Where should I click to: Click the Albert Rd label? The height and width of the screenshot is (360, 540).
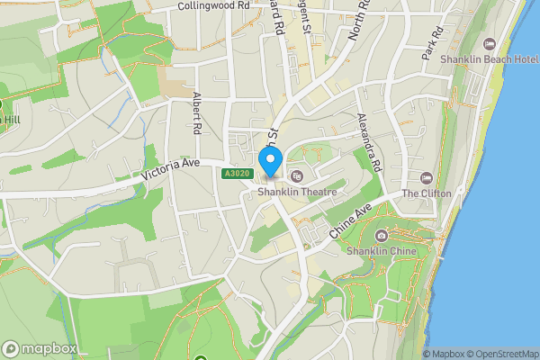pyautogui.click(x=196, y=112)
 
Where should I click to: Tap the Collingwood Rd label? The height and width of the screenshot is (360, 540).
pyautogui.click(x=212, y=6)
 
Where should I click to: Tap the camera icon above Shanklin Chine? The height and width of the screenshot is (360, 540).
pyautogui.click(x=382, y=236)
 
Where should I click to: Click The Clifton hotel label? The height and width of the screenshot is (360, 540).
pyautogui.click(x=427, y=193)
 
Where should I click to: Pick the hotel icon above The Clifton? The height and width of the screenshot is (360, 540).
pyautogui.click(x=427, y=177)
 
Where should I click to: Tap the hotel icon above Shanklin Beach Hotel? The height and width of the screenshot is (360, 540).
pyautogui.click(x=490, y=43)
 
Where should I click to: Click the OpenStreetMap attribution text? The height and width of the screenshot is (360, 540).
pyautogui.click(x=505, y=354)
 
